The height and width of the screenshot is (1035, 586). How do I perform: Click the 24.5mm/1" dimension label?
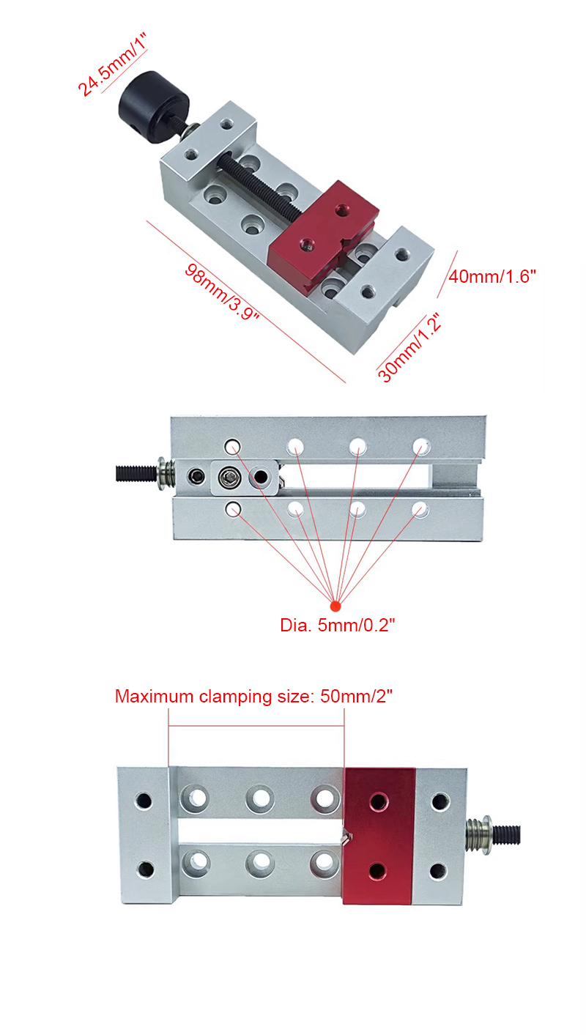point(111,64)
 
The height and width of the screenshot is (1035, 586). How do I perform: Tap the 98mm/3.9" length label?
point(221,292)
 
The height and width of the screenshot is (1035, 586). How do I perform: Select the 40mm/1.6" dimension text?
point(492,276)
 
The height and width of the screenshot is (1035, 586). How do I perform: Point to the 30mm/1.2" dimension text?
point(409,347)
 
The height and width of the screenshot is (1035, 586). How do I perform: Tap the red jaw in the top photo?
point(324,235)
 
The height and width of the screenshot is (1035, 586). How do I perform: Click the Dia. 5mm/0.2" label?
point(338,625)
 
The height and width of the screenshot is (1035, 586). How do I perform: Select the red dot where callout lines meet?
point(335,606)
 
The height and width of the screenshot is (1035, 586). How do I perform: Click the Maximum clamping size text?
point(253,697)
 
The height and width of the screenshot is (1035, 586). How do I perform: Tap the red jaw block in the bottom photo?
point(379,836)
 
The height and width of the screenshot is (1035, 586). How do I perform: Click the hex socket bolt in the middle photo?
point(227,478)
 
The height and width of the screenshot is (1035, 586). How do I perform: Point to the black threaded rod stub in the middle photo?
point(136,474)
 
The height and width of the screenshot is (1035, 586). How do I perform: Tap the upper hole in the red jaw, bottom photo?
point(379,801)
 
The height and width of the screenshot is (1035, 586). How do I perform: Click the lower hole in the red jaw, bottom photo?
point(377,872)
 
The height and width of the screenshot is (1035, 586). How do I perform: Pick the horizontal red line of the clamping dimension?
point(256,726)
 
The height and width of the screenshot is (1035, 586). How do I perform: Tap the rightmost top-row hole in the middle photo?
point(421,447)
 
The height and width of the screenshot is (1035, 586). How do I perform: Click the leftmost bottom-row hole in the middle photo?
point(233,510)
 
